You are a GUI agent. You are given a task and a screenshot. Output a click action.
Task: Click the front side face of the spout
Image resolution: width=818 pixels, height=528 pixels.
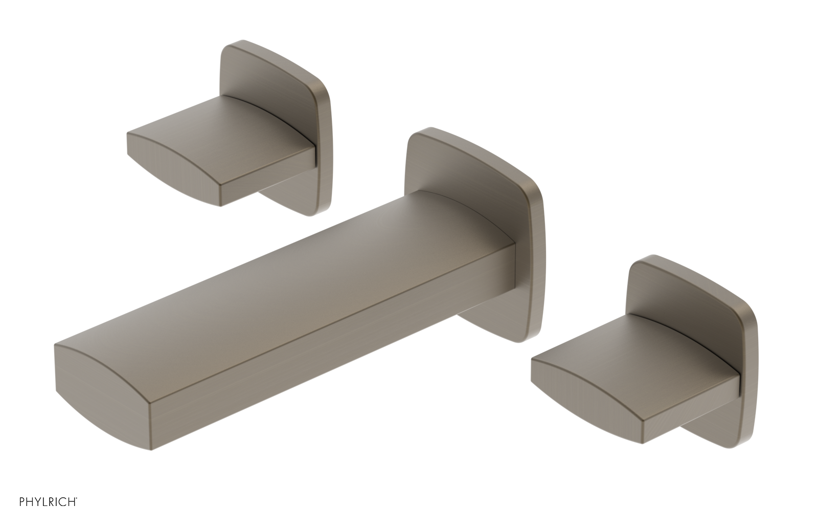point(332,353)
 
